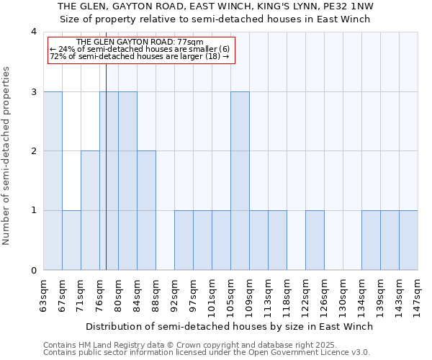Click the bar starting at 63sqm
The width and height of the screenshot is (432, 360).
[x=53, y=181]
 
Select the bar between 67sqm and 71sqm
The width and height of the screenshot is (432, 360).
[x=71, y=240]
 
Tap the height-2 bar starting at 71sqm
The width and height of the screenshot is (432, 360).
[x=90, y=210]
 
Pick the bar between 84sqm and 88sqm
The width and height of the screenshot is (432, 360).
[x=146, y=210]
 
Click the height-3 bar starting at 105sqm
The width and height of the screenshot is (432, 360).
[x=240, y=181]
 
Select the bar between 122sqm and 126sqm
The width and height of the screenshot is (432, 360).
[x=315, y=240]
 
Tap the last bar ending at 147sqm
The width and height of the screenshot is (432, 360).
[x=408, y=240]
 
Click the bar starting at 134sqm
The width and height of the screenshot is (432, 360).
[x=371, y=240]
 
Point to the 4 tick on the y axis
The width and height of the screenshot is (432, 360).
[x=34, y=32]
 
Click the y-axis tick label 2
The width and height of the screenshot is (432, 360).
[x=34, y=151]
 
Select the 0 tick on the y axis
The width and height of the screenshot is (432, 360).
[x=34, y=271]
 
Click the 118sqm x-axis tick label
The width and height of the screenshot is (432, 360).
[x=287, y=294]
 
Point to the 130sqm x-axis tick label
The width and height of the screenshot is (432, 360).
[x=343, y=294]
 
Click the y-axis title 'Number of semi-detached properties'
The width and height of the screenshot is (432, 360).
[x=7, y=156]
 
